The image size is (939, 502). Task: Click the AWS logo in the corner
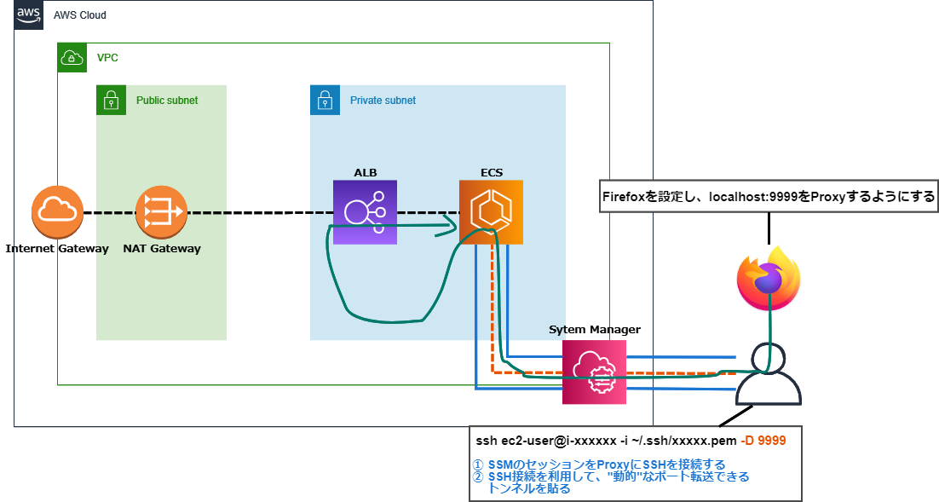click(29, 14)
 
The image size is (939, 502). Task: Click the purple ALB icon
click(365, 212)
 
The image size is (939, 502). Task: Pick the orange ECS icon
click(491, 212)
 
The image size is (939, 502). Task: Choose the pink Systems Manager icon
click(594, 372)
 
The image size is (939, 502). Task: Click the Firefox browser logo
click(769, 277)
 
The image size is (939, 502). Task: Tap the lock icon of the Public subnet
click(110, 100)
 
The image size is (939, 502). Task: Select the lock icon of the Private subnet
click(324, 100)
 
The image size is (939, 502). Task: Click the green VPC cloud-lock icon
click(72, 58)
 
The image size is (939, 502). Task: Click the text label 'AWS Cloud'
click(80, 16)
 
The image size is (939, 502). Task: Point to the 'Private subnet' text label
click(383, 101)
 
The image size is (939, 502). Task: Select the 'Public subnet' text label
click(167, 101)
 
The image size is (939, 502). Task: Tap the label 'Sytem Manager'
click(594, 329)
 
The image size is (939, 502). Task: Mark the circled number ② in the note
click(478, 476)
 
